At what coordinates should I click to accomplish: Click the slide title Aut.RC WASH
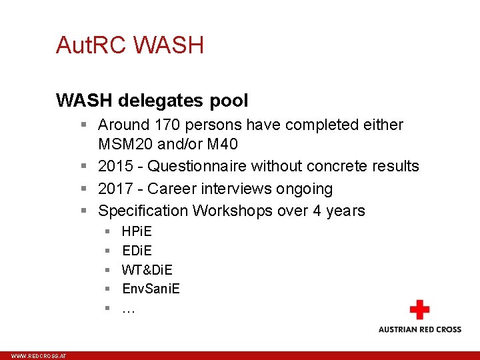point(130,45)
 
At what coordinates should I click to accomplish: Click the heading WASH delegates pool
point(152,101)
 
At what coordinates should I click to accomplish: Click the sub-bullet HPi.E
point(137,232)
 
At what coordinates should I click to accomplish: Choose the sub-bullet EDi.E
point(137,251)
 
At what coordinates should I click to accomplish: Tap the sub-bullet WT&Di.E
point(147,270)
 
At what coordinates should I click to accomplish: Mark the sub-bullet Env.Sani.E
point(151,289)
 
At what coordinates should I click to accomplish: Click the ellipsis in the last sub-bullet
point(128,309)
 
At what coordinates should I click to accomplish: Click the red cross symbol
point(419,310)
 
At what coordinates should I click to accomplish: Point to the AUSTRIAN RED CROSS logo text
point(419,329)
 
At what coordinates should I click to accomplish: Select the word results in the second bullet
point(395,167)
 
